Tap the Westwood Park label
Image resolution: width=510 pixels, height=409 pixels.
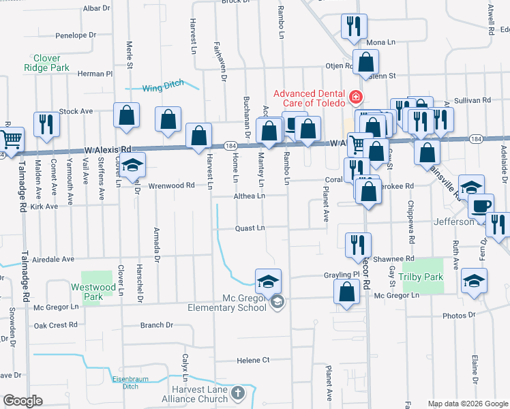[87, 292]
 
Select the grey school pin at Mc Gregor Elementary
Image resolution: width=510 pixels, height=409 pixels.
[277, 302]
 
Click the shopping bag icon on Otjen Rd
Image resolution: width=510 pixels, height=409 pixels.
[366, 62]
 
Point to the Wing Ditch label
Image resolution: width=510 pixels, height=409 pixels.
[164, 86]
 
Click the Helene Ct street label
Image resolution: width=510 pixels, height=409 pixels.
[253, 360]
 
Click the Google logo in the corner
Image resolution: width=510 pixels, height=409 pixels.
[22, 401]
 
